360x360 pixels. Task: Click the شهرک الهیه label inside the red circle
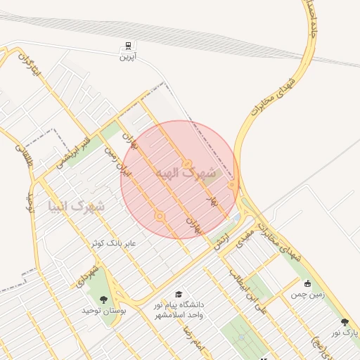[x=185, y=173]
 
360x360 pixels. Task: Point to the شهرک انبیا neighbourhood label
[x=76, y=207]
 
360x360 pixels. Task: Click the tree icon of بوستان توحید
[x=103, y=299]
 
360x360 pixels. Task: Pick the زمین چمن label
[x=307, y=295]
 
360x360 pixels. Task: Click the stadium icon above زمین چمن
[x=307, y=283]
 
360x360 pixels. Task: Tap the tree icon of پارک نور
[x=345, y=321]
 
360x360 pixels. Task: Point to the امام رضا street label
[x=192, y=337]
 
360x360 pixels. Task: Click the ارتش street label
[x=222, y=240]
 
